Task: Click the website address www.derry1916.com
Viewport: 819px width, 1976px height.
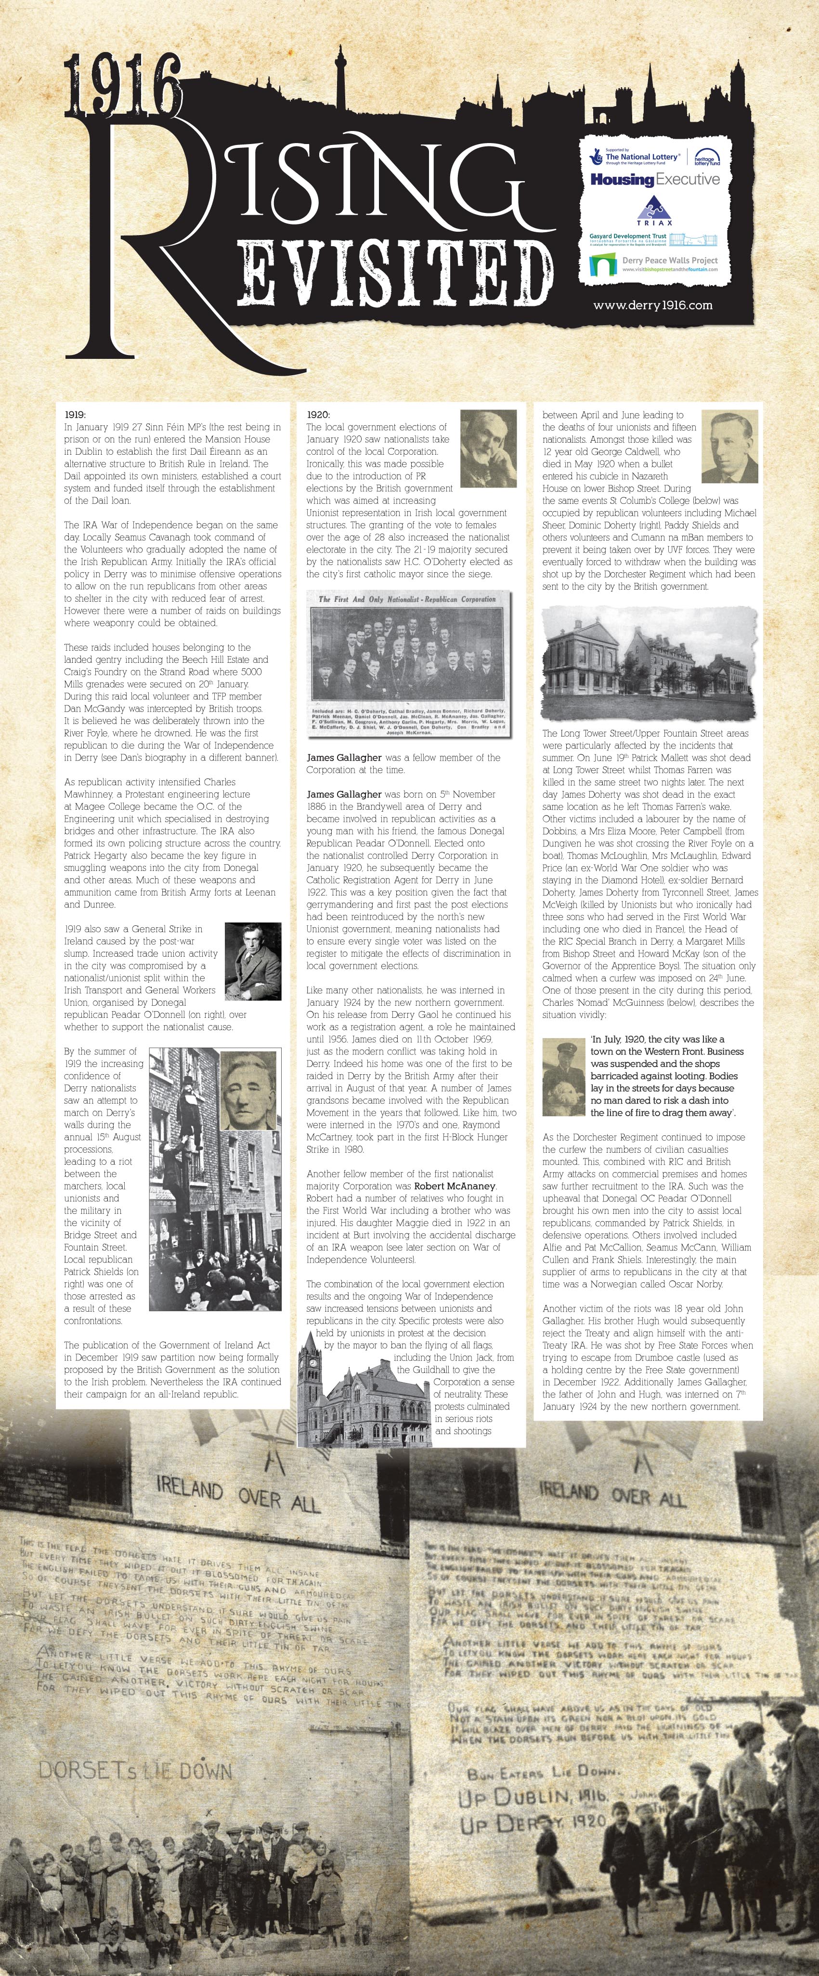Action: coord(652,305)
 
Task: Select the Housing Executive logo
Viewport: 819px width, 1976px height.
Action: coord(655,180)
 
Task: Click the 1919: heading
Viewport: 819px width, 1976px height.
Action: coord(75,415)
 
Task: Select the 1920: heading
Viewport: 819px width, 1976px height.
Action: coord(318,415)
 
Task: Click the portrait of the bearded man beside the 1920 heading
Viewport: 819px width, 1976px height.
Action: coord(488,449)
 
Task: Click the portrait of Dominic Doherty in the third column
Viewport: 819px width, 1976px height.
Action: coord(729,447)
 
